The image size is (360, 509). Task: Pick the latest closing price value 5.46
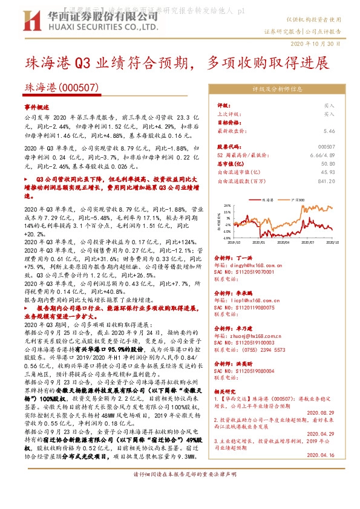(x=329, y=131)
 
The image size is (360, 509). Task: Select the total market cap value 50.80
(x=329, y=163)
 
